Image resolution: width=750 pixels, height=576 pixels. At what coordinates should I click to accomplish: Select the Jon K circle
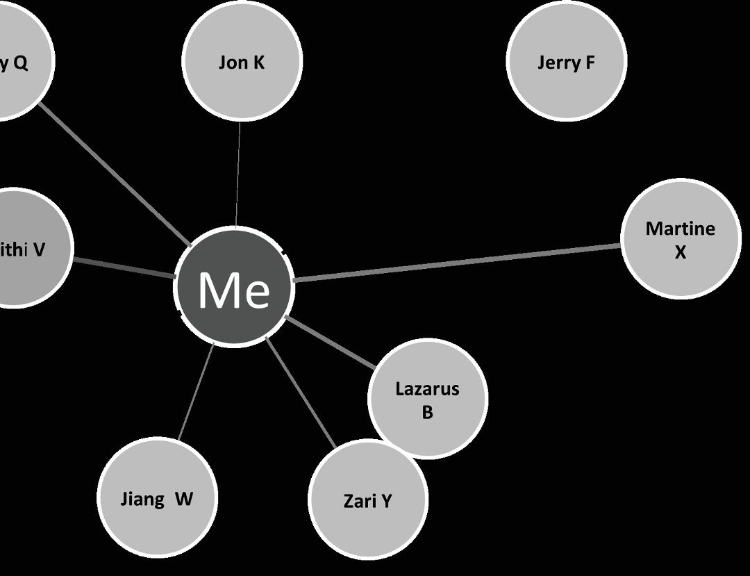(242, 62)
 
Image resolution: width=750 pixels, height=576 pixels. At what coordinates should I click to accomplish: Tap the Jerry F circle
(566, 62)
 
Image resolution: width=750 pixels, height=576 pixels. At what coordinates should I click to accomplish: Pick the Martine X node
(681, 239)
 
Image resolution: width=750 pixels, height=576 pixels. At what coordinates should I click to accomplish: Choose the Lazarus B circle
(427, 398)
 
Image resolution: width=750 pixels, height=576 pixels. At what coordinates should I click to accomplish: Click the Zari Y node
(367, 500)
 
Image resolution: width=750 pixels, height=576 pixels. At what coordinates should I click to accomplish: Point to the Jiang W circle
(156, 498)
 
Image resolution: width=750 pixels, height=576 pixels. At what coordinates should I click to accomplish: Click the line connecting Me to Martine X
(458, 263)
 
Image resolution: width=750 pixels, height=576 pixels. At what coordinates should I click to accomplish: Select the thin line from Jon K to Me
(238, 174)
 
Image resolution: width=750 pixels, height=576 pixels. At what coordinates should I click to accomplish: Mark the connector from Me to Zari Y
(301, 393)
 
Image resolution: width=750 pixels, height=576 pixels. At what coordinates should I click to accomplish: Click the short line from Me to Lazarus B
(330, 341)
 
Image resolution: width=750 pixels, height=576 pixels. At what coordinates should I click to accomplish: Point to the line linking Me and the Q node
(115, 174)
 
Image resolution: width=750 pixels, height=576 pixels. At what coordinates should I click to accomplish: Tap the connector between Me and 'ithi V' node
(124, 268)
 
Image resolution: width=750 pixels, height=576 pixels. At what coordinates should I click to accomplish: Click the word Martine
(680, 229)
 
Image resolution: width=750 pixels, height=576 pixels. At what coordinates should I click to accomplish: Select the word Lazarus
(427, 388)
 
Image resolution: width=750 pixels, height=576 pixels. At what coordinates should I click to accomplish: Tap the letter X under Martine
(681, 252)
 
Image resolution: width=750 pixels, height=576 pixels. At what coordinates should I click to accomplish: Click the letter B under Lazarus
(427, 412)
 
